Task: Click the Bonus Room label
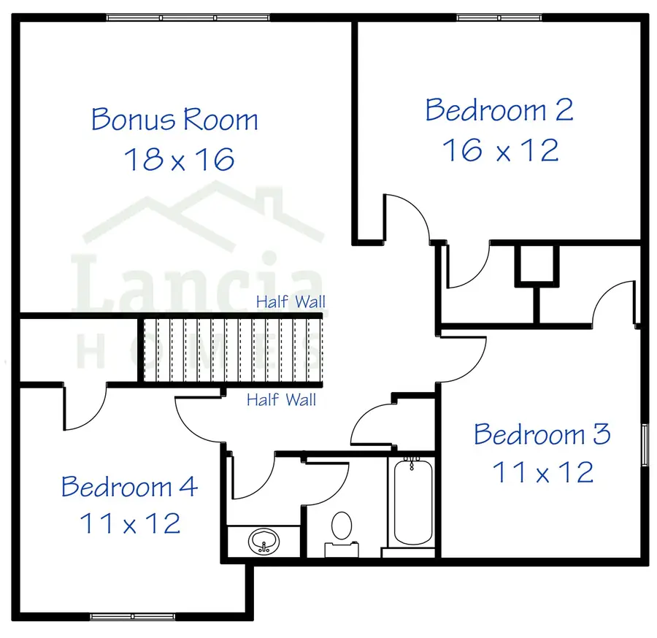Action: tap(174, 119)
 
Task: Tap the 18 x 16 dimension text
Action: tap(179, 158)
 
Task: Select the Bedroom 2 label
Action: tap(499, 110)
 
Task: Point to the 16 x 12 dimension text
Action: tap(500, 150)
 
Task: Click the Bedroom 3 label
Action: tap(542, 434)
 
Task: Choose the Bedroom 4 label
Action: tap(129, 486)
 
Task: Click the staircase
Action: tap(232, 350)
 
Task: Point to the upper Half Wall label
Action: tap(291, 301)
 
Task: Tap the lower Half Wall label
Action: tap(281, 400)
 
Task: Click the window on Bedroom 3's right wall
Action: tap(645, 443)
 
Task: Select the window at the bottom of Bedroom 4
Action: tap(134, 617)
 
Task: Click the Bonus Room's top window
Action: tap(188, 18)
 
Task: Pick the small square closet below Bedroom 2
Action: tap(537, 264)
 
